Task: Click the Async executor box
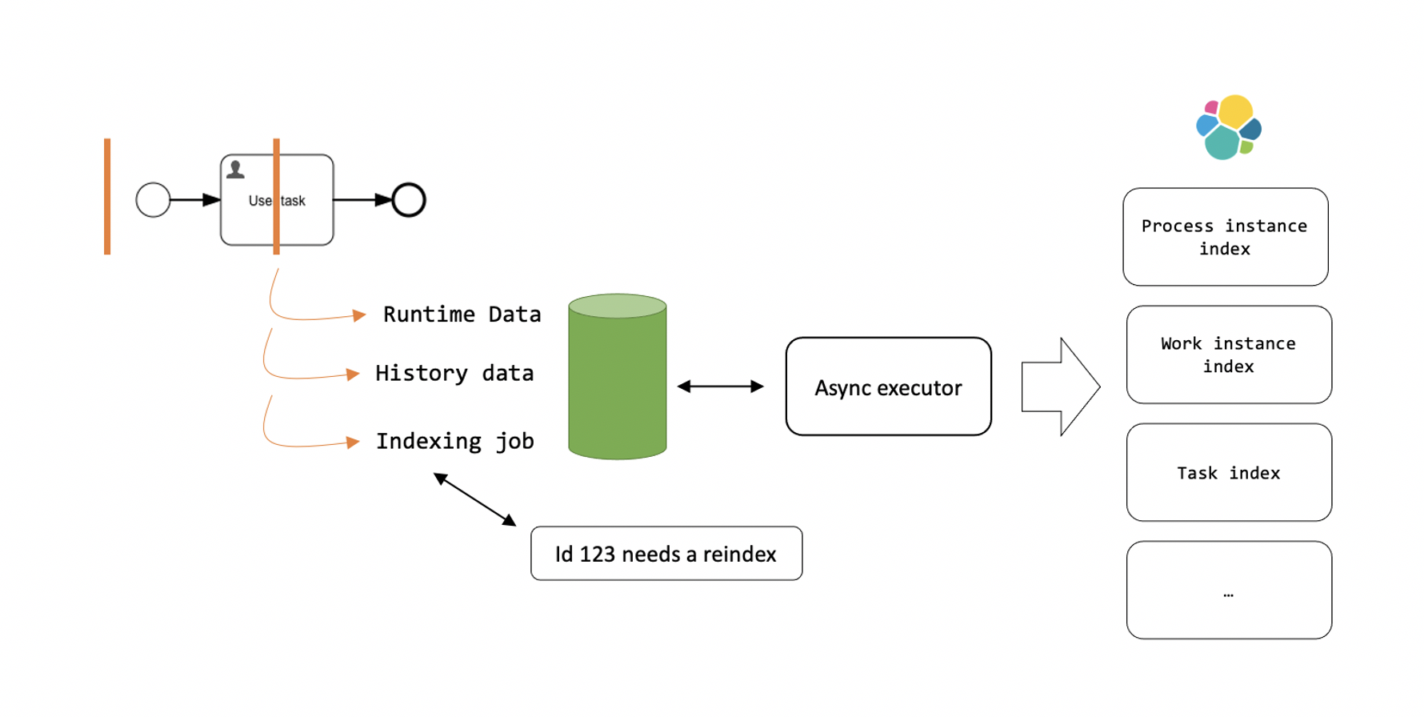click(888, 387)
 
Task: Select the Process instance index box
click(1225, 237)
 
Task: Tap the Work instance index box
click(1228, 354)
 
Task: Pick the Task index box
click(1228, 472)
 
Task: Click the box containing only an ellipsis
click(1228, 590)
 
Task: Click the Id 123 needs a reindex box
click(666, 553)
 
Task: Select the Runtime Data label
click(462, 314)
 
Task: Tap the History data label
click(454, 374)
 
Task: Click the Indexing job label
click(454, 441)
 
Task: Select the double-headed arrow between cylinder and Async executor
click(720, 387)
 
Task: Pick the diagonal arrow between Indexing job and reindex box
click(474, 499)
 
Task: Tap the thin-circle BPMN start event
click(153, 200)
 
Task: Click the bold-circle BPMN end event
click(409, 200)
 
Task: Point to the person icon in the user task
click(235, 170)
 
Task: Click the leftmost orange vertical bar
click(107, 196)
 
